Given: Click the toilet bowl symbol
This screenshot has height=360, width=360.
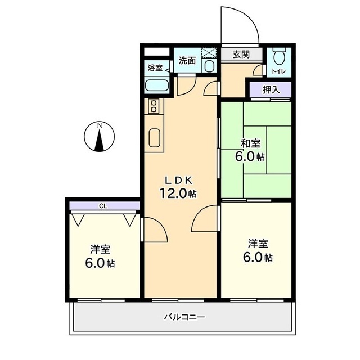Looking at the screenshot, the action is coord(279,56).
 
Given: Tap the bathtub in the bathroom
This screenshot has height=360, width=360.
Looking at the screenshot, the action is coord(157,85).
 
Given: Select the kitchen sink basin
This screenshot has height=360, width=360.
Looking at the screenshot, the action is coord(154,137).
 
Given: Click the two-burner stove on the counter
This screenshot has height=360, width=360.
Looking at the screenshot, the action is coord(154,106).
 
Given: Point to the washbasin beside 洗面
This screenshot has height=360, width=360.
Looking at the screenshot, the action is coord(209,66).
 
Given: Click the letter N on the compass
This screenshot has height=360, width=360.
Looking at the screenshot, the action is coord(100,125).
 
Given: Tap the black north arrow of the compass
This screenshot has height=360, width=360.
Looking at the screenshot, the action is coord(99,140).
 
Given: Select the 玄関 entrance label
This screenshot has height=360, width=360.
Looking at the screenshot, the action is coord(241,55).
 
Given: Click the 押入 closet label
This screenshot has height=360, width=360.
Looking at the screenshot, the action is coord(271,90).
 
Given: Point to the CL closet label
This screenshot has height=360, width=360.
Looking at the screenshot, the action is coord(103,206).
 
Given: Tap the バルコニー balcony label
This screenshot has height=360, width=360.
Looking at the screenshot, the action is coord(184,317).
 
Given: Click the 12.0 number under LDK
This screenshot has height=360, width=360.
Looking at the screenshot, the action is coord(173,193).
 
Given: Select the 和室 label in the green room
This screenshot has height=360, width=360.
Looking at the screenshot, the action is coord(250,144).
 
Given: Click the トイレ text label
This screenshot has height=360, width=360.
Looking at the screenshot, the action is coord(279,71).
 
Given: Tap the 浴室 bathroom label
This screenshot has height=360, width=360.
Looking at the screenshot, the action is coord(155,68).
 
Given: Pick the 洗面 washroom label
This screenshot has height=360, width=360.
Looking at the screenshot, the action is coord(187,61).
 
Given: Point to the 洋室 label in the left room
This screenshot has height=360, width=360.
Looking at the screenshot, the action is coord(100,250).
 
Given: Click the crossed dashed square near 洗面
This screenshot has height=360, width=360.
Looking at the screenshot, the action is coord(209,52).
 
